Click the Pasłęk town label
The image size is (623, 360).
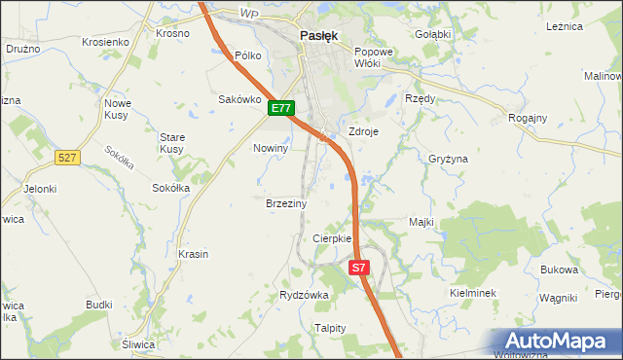coord(318,36)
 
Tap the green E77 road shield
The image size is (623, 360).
coord(281,109)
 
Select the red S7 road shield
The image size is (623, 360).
coord(359,267)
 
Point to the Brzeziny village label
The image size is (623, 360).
coord(286,204)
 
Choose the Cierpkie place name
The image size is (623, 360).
coord(331,238)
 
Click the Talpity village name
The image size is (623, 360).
coord(330,328)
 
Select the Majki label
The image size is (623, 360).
coord(421,222)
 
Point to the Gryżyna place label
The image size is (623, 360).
coord(448,159)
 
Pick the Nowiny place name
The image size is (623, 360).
coord(271,148)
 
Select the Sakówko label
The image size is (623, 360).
coord(239,98)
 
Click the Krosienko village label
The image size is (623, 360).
coord(106,43)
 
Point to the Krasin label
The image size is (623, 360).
coord(193,254)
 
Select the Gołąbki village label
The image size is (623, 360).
coord(432,34)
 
